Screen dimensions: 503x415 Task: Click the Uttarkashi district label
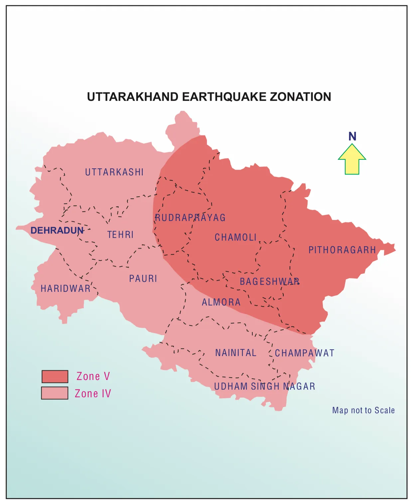[114, 172]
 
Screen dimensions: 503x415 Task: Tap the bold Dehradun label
[57, 230]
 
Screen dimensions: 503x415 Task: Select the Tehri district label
[120, 235]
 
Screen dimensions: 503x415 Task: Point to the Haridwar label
[66, 288]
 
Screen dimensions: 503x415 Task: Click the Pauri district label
[143, 278]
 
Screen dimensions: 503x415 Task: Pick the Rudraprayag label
[190, 218]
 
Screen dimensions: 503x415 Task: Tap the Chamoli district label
[235, 237]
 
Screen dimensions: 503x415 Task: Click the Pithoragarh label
[342, 250]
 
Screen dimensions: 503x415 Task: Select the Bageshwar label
[270, 281]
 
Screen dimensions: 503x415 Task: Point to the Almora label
[221, 302]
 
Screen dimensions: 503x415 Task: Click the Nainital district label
[236, 353]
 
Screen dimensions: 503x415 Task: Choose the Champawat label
[305, 353]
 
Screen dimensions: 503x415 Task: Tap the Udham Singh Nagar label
[265, 386]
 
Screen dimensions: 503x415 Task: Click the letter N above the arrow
[352, 136]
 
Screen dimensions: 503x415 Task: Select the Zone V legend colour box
[55, 376]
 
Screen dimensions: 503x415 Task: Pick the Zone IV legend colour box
[55, 393]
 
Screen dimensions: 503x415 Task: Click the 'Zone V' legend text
[93, 376]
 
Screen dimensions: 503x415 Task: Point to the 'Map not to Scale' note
[363, 410]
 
